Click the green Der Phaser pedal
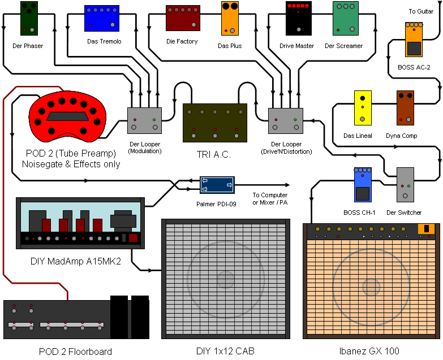tap(28, 18)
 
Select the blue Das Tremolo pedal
tap(102, 18)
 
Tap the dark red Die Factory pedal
tap(183, 18)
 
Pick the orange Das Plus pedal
tap(230, 18)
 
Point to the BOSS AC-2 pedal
tap(414, 40)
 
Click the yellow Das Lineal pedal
tap(363, 107)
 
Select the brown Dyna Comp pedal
tap(405, 107)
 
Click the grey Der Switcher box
tap(405, 185)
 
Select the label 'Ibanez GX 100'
tap(369, 351)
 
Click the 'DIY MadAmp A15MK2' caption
tap(76, 262)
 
